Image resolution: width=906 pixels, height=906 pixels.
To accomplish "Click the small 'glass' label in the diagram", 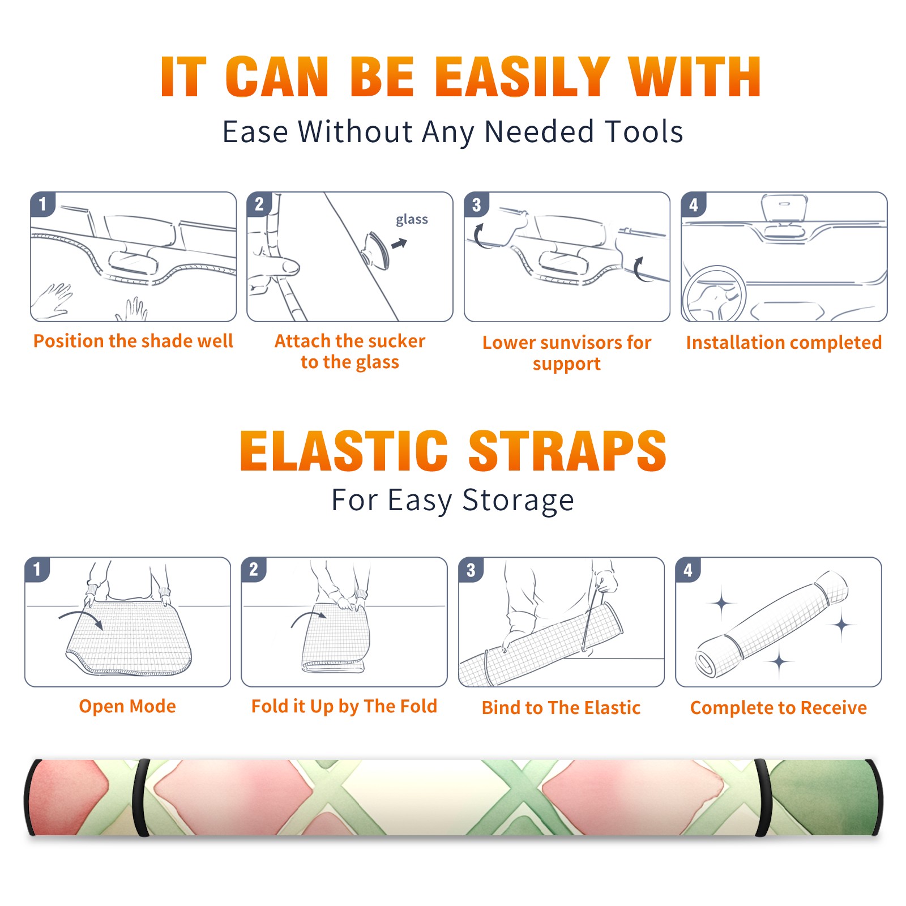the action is pyautogui.click(x=412, y=220).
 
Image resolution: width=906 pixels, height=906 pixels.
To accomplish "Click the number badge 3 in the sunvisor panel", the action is pyautogui.click(x=476, y=204).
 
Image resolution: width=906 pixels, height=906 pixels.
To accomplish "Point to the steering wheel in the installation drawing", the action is pyautogui.click(x=714, y=294).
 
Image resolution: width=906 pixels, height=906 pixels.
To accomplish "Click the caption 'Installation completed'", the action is pyautogui.click(x=784, y=342).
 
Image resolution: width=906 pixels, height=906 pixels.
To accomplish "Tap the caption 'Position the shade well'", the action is pyautogui.click(x=133, y=341).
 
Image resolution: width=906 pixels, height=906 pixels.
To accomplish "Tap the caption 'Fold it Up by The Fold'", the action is pyautogui.click(x=344, y=706).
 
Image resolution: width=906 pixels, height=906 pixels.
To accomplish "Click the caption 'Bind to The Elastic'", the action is pyautogui.click(x=561, y=707).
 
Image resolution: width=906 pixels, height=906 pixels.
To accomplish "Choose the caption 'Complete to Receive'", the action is pyautogui.click(x=779, y=707).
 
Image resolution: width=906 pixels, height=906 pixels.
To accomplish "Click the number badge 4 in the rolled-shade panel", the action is pyautogui.click(x=688, y=570).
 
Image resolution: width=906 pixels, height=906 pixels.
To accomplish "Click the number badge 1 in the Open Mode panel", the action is pyautogui.click(x=37, y=569).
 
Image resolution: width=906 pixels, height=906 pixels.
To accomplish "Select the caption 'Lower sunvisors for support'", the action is pyautogui.click(x=567, y=353).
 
